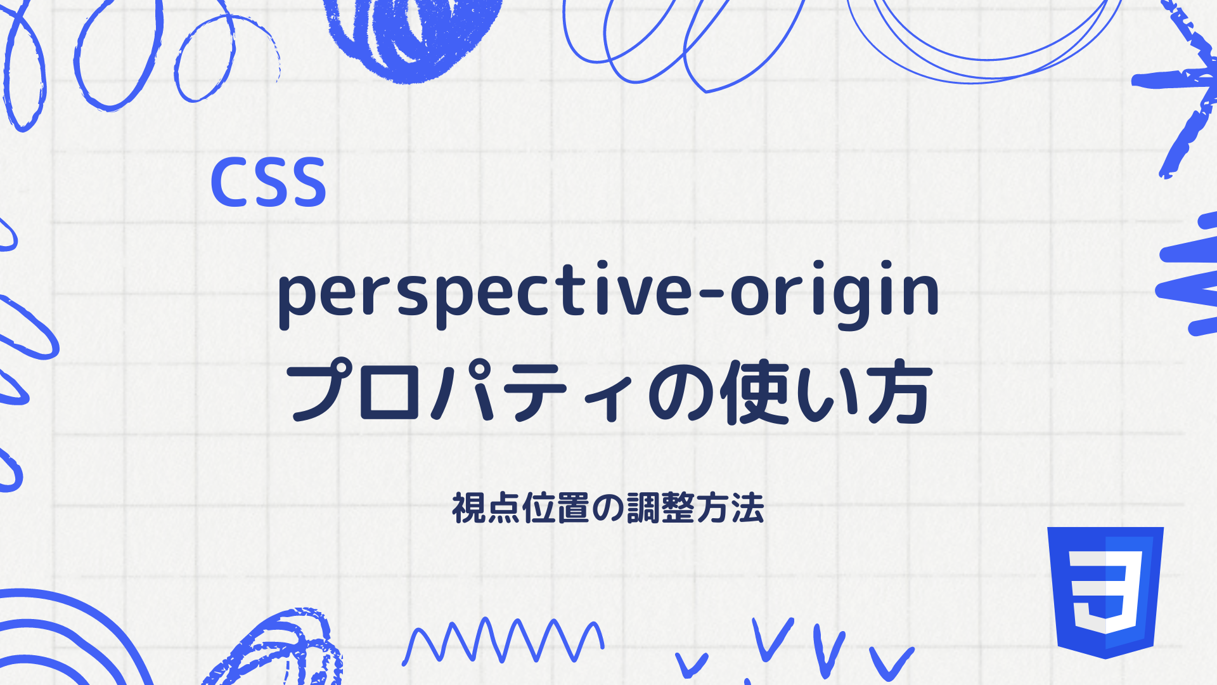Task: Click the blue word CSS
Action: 268,183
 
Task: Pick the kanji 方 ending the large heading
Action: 900,392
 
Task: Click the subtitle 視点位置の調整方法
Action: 608,508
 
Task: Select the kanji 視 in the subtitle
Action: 468,508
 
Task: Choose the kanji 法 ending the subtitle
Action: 748,508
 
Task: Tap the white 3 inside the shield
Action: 1106,590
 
